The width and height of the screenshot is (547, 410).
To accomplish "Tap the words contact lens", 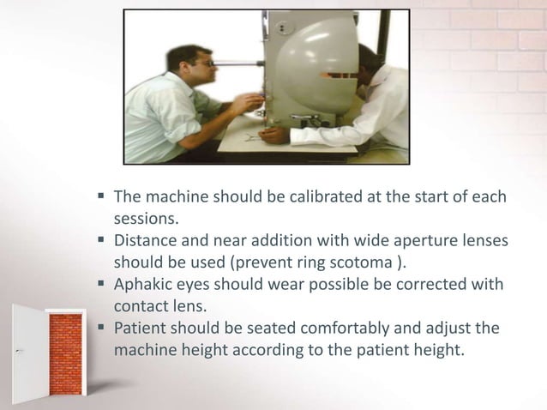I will tap(162, 306).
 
